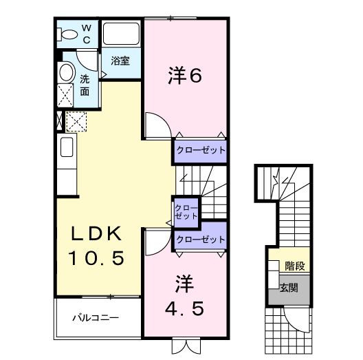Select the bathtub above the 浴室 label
pyautogui.click(x=121, y=34)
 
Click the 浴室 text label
pyautogui.click(x=120, y=61)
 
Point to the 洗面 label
pyautogui.click(x=85, y=84)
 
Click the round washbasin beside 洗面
pyautogui.click(x=66, y=73)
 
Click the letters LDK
pyautogui.click(x=96, y=234)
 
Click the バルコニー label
pyautogui.click(x=97, y=319)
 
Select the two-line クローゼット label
pyautogui.click(x=186, y=211)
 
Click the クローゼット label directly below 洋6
pyautogui.click(x=200, y=149)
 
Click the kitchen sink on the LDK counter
pyautogui.click(x=67, y=147)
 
